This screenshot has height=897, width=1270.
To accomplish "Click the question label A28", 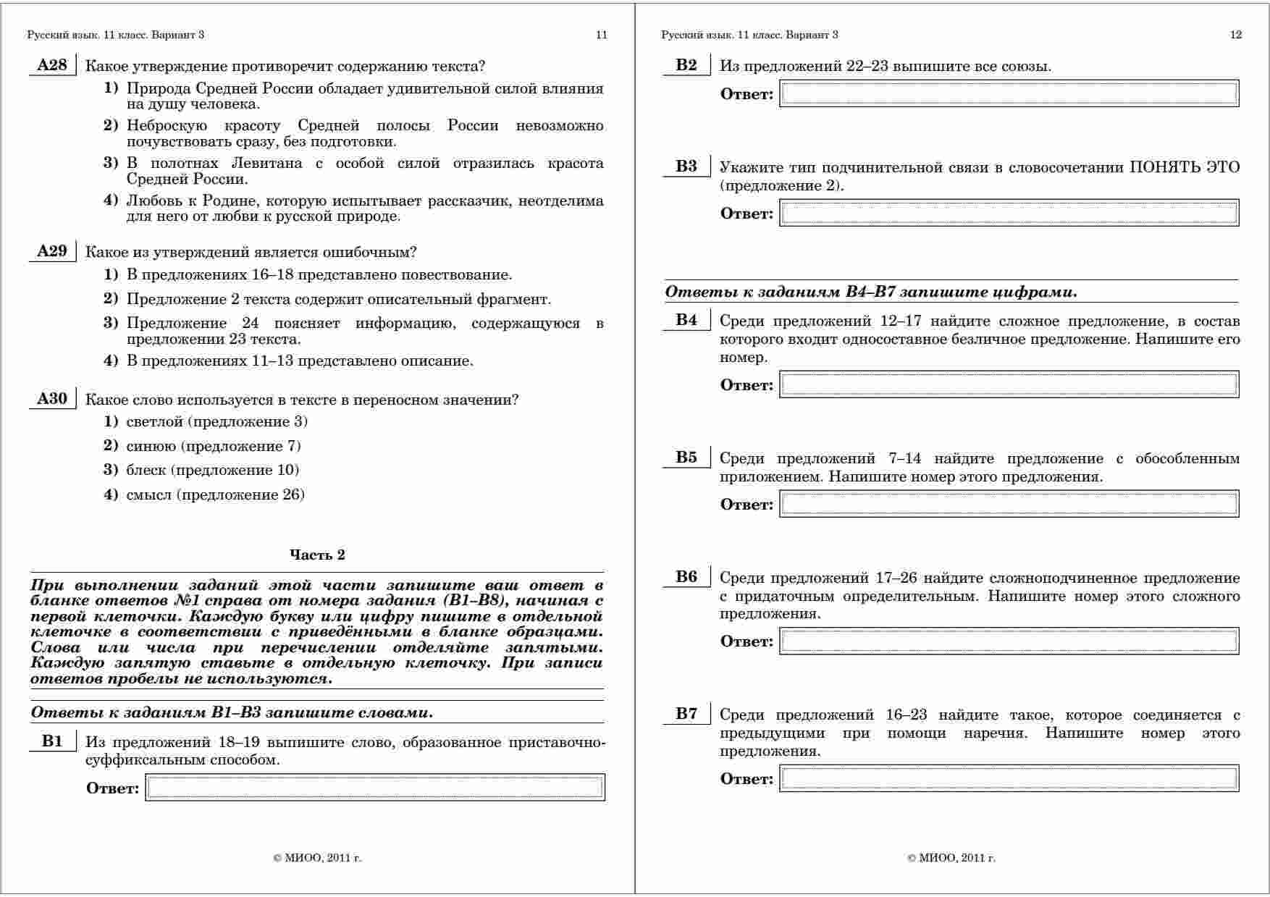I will point(51,66).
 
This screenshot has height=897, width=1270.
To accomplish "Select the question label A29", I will point(51,252).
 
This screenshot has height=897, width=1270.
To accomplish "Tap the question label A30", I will point(51,399).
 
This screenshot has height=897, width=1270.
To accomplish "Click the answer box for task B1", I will point(375,788).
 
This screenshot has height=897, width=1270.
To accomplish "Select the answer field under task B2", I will point(1009,94).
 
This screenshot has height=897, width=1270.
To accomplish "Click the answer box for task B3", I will point(1009,214).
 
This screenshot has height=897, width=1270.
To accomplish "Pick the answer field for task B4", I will point(1009,385).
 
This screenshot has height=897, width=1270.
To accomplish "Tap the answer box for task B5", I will point(1009,505).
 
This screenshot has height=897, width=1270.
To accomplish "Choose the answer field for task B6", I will point(1009,641).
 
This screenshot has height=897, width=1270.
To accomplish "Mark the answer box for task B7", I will point(1009,779).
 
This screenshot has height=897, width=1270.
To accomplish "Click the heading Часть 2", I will point(317,555).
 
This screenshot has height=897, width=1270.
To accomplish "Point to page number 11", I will point(601,35).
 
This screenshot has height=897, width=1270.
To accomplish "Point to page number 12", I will point(1236,35).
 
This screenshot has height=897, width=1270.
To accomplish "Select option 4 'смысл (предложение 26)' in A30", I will point(215,495).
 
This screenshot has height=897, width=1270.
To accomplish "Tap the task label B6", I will point(686,577).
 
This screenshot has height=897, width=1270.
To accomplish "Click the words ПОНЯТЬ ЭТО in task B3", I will point(1185,168).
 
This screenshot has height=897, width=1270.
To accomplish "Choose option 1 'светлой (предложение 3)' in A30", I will point(216,422).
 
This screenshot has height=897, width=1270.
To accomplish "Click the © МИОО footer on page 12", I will point(951,859).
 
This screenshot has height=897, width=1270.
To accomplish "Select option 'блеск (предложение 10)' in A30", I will point(212,471).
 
